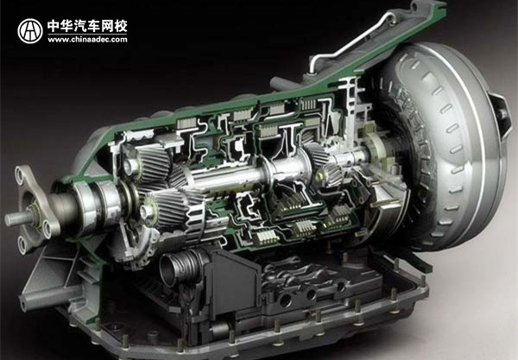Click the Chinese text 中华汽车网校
click(x=87, y=26)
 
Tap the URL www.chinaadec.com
click(x=87, y=40)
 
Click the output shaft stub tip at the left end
click(x=11, y=218)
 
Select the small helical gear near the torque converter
click(x=319, y=155)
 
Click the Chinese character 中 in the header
click(x=55, y=26)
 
